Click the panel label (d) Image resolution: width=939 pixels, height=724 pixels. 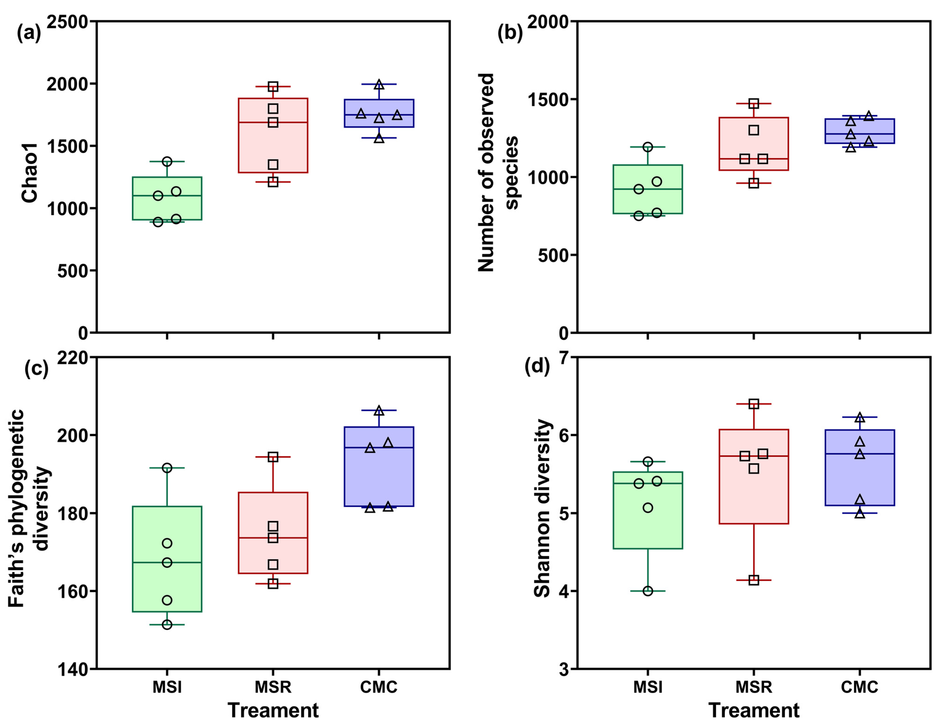pyautogui.click(x=537, y=366)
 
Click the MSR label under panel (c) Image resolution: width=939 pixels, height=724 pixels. pyautogui.click(x=273, y=687)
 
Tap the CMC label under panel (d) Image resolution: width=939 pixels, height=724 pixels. pyautogui.click(x=860, y=687)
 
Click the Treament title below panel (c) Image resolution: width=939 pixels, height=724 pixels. pyautogui.click(x=273, y=710)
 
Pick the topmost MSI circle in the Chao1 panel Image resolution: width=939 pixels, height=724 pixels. pyautogui.click(x=167, y=162)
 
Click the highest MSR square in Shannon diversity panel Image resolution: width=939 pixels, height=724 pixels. pyautogui.click(x=754, y=404)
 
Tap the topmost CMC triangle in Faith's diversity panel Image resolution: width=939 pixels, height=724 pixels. pyautogui.click(x=379, y=410)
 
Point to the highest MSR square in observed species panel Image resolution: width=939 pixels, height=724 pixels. pyautogui.click(x=754, y=104)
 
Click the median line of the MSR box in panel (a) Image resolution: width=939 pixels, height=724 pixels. pyautogui.click(x=273, y=122)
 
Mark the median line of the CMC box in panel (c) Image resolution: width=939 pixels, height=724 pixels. pyautogui.click(x=379, y=448)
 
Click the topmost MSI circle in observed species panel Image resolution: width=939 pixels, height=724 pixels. pyautogui.click(x=648, y=147)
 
